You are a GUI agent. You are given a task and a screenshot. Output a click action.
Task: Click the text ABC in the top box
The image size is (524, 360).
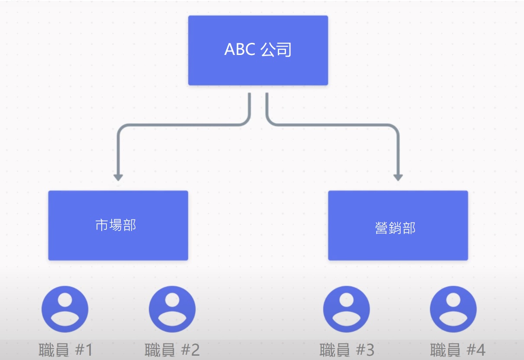click(240, 50)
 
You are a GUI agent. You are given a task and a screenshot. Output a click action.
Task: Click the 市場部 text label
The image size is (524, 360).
click(116, 225)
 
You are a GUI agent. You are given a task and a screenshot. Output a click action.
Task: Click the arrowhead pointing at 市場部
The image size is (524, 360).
click(118, 177)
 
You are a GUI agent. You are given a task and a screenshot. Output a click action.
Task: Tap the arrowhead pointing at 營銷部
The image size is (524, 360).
click(398, 177)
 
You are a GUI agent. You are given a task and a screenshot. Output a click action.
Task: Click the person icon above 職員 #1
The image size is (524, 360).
click(65, 309)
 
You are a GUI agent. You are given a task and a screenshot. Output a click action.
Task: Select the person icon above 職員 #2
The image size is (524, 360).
click(172, 309)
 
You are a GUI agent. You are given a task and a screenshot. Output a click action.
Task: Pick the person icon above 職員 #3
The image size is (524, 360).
click(347, 309)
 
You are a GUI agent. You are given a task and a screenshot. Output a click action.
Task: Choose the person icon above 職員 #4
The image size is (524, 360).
click(453, 309)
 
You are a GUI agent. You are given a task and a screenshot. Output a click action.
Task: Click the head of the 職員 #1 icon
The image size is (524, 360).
click(65, 300)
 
